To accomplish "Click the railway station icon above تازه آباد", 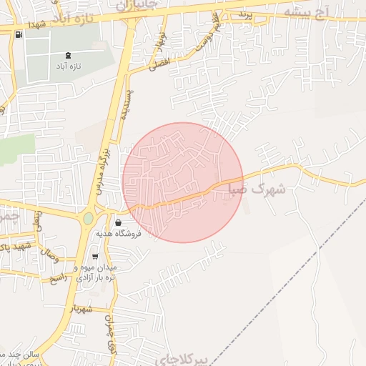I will pyautogui.click(x=68, y=54).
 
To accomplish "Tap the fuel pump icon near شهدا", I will pyautogui.click(x=18, y=34).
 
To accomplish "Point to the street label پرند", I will pyautogui.click(x=246, y=14).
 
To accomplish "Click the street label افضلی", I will pyautogui.click(x=159, y=61).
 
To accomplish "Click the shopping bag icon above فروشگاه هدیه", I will pyautogui.click(x=118, y=222).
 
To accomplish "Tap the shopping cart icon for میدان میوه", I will pyautogui.click(x=95, y=257).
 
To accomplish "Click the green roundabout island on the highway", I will pyautogui.click(x=88, y=218).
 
